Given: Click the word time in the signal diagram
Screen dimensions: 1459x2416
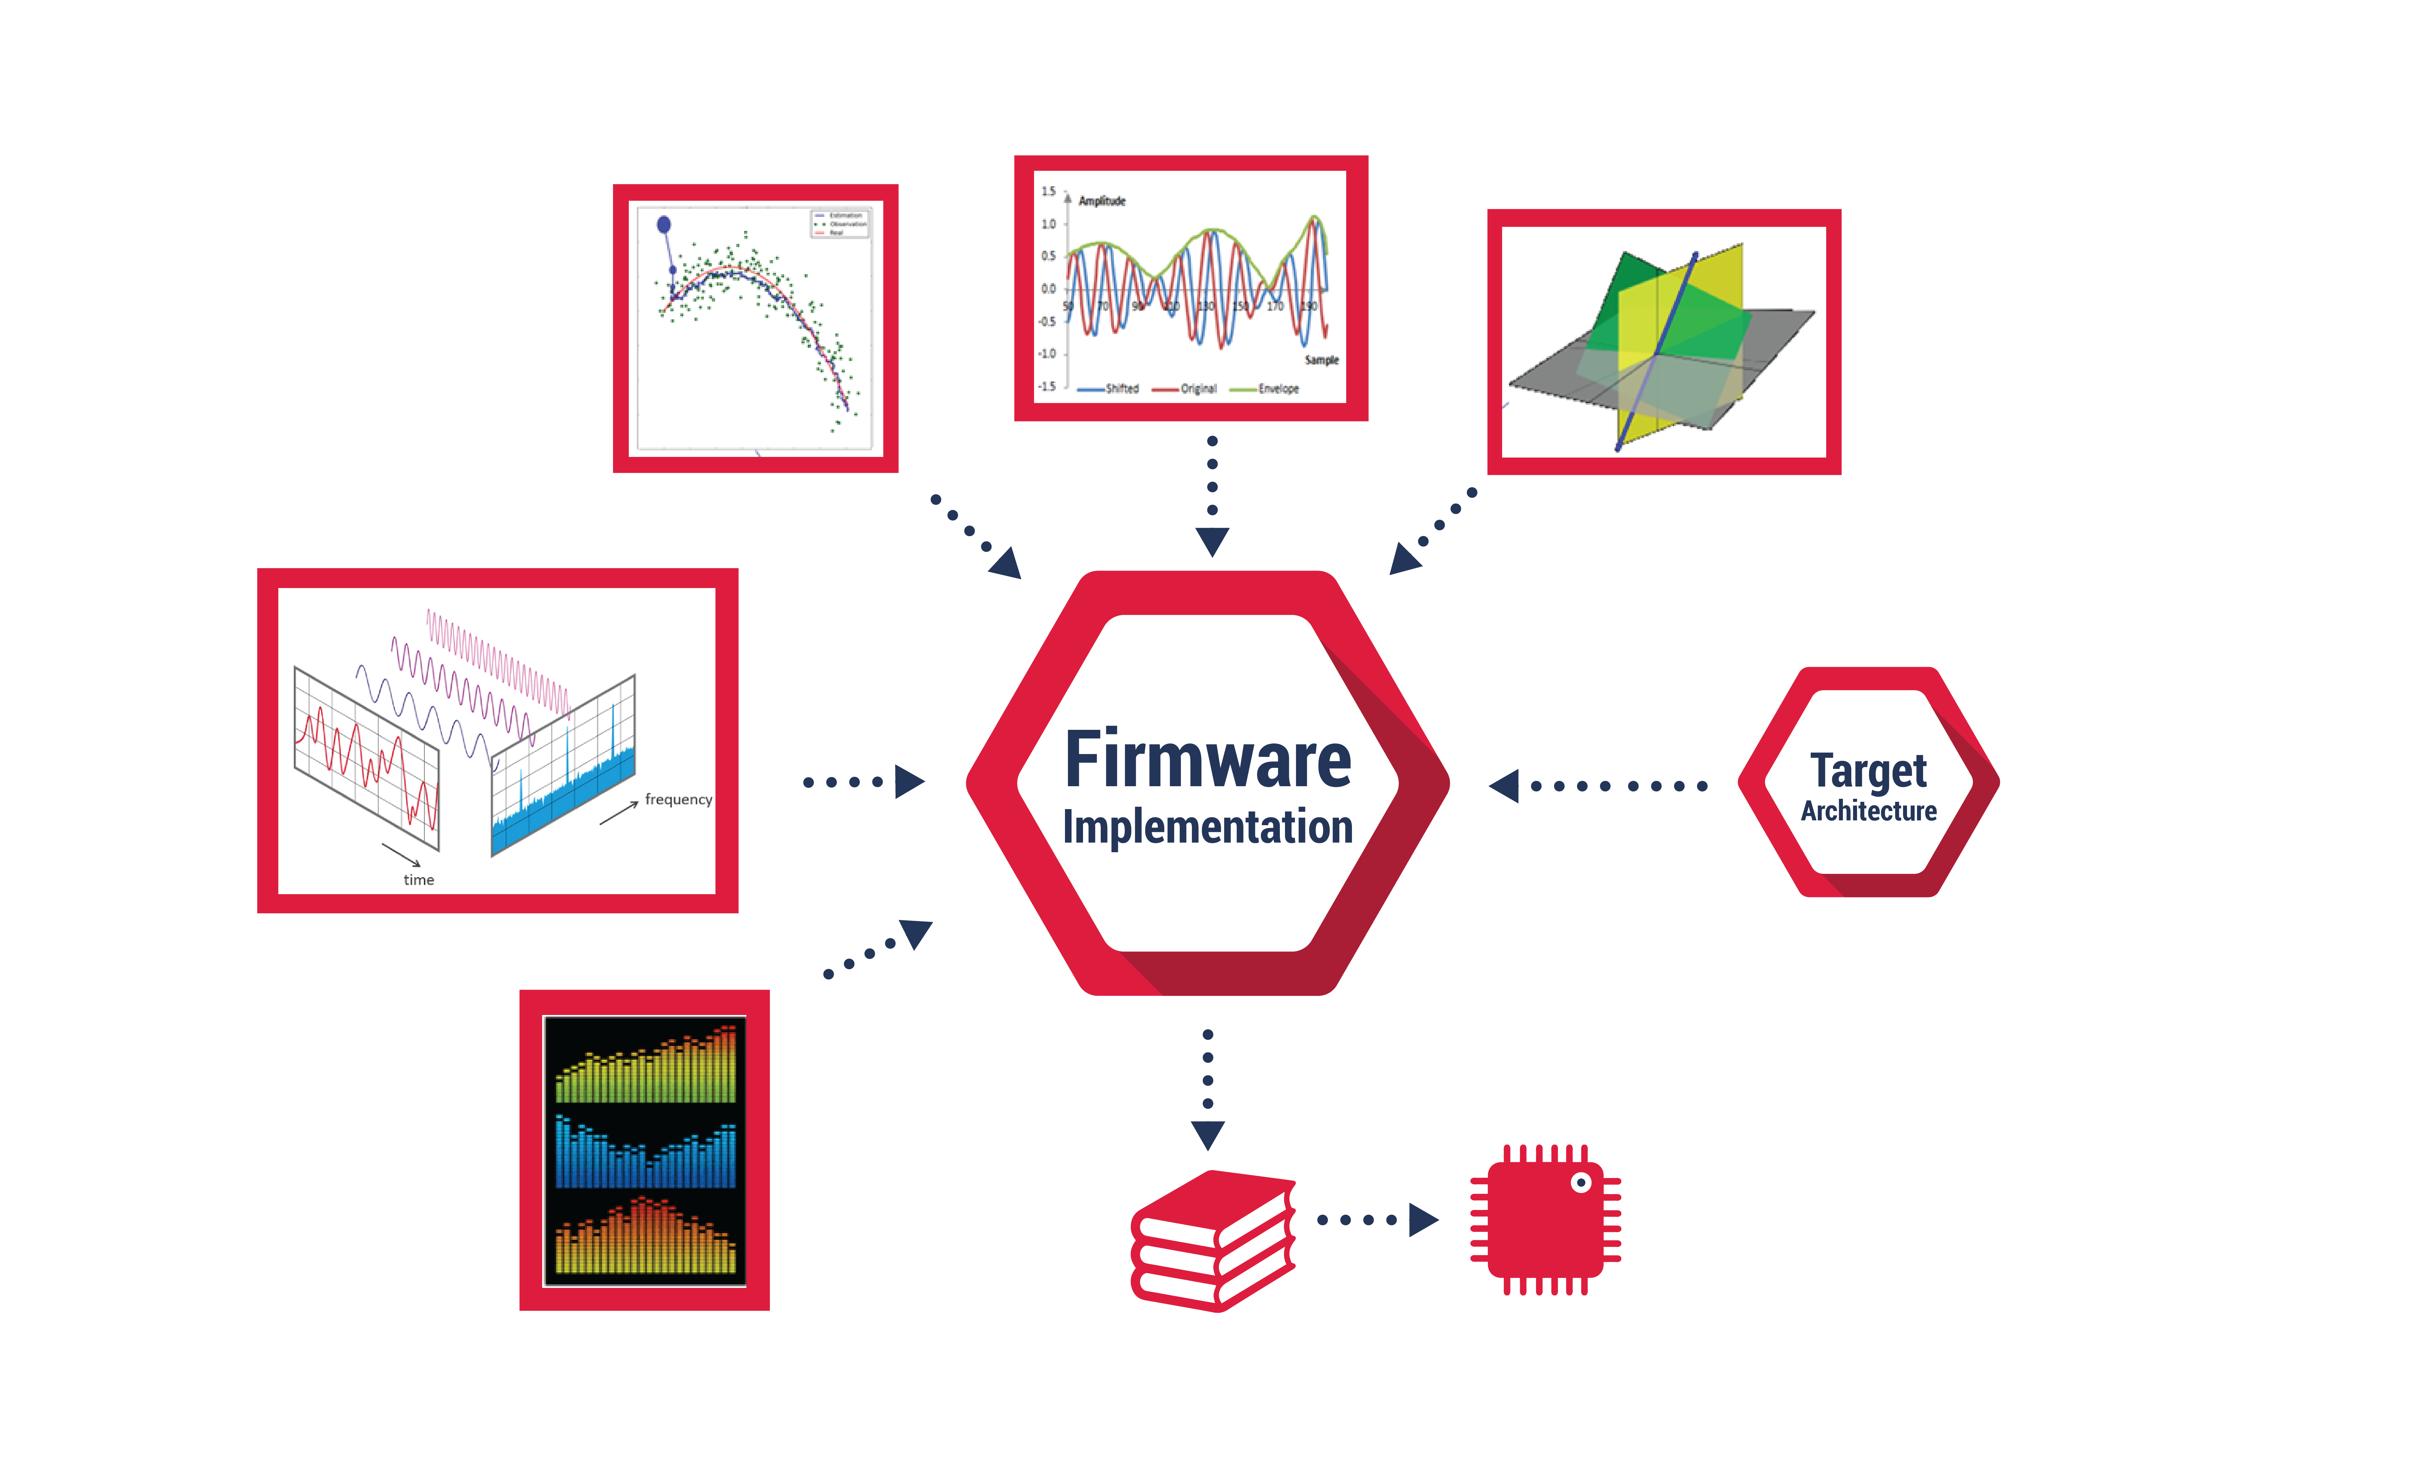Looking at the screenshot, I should click(419, 880).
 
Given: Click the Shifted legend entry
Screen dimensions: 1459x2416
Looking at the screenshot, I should click(1121, 389).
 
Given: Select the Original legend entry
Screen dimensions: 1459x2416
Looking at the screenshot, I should click(1197, 389).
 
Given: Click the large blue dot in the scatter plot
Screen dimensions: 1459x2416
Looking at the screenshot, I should click(664, 225).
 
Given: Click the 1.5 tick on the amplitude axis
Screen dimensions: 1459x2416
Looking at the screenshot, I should click(1048, 191).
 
